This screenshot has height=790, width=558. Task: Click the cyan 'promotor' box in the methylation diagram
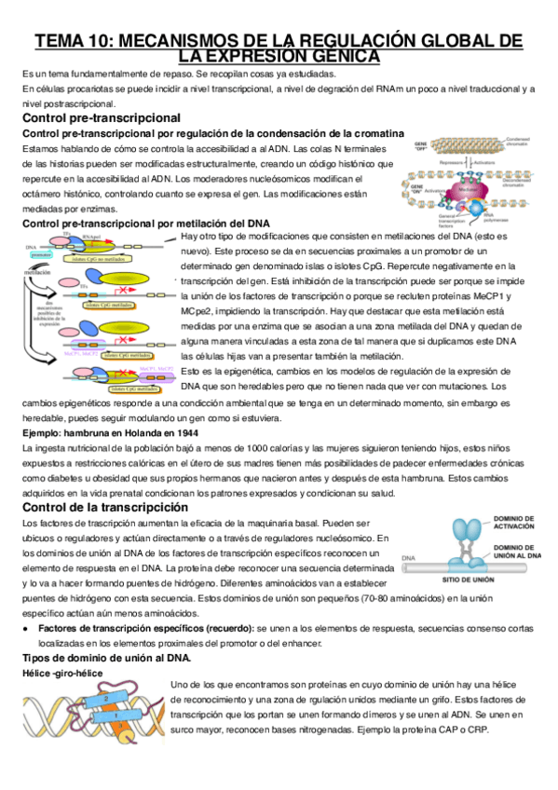coord(41,253)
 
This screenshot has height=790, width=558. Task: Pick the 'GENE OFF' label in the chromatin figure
coord(423,145)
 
